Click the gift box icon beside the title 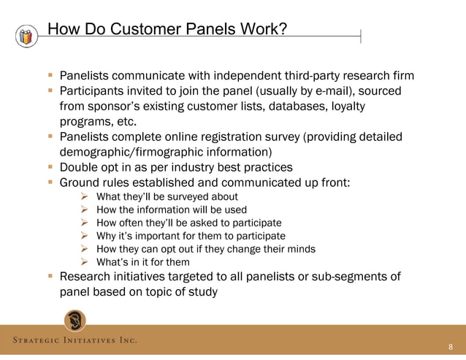coord(27,36)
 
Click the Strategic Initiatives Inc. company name coord(74,341)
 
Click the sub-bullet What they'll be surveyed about coord(167,197)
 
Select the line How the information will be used coord(172,210)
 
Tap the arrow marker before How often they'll coord(84,223)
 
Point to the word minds coord(300,249)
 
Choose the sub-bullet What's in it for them coord(143,262)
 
